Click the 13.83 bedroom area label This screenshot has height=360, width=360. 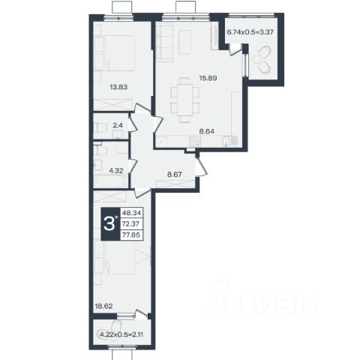[118, 87]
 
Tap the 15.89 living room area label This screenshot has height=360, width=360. [208, 78]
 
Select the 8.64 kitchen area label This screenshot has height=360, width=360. [206, 131]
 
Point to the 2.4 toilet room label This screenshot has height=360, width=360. [118, 125]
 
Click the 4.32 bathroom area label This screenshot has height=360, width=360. [116, 171]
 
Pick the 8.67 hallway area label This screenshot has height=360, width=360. [175, 175]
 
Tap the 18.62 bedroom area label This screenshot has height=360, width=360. [103, 306]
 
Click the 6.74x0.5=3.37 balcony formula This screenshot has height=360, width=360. [250, 32]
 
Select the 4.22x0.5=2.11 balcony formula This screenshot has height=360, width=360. [121, 334]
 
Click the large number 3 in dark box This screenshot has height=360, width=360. [109, 224]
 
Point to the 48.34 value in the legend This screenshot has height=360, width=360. [131, 213]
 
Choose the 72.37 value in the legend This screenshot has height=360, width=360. [131, 224]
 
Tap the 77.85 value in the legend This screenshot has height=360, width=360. [131, 235]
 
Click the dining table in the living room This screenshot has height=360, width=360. [185, 100]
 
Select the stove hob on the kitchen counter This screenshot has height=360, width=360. [194, 142]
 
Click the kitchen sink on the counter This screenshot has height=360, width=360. [229, 141]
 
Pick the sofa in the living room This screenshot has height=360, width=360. [164, 42]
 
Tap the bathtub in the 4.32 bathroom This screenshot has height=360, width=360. [111, 181]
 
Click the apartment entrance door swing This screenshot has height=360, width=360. [202, 166]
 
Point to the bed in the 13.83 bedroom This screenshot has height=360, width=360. [115, 53]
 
